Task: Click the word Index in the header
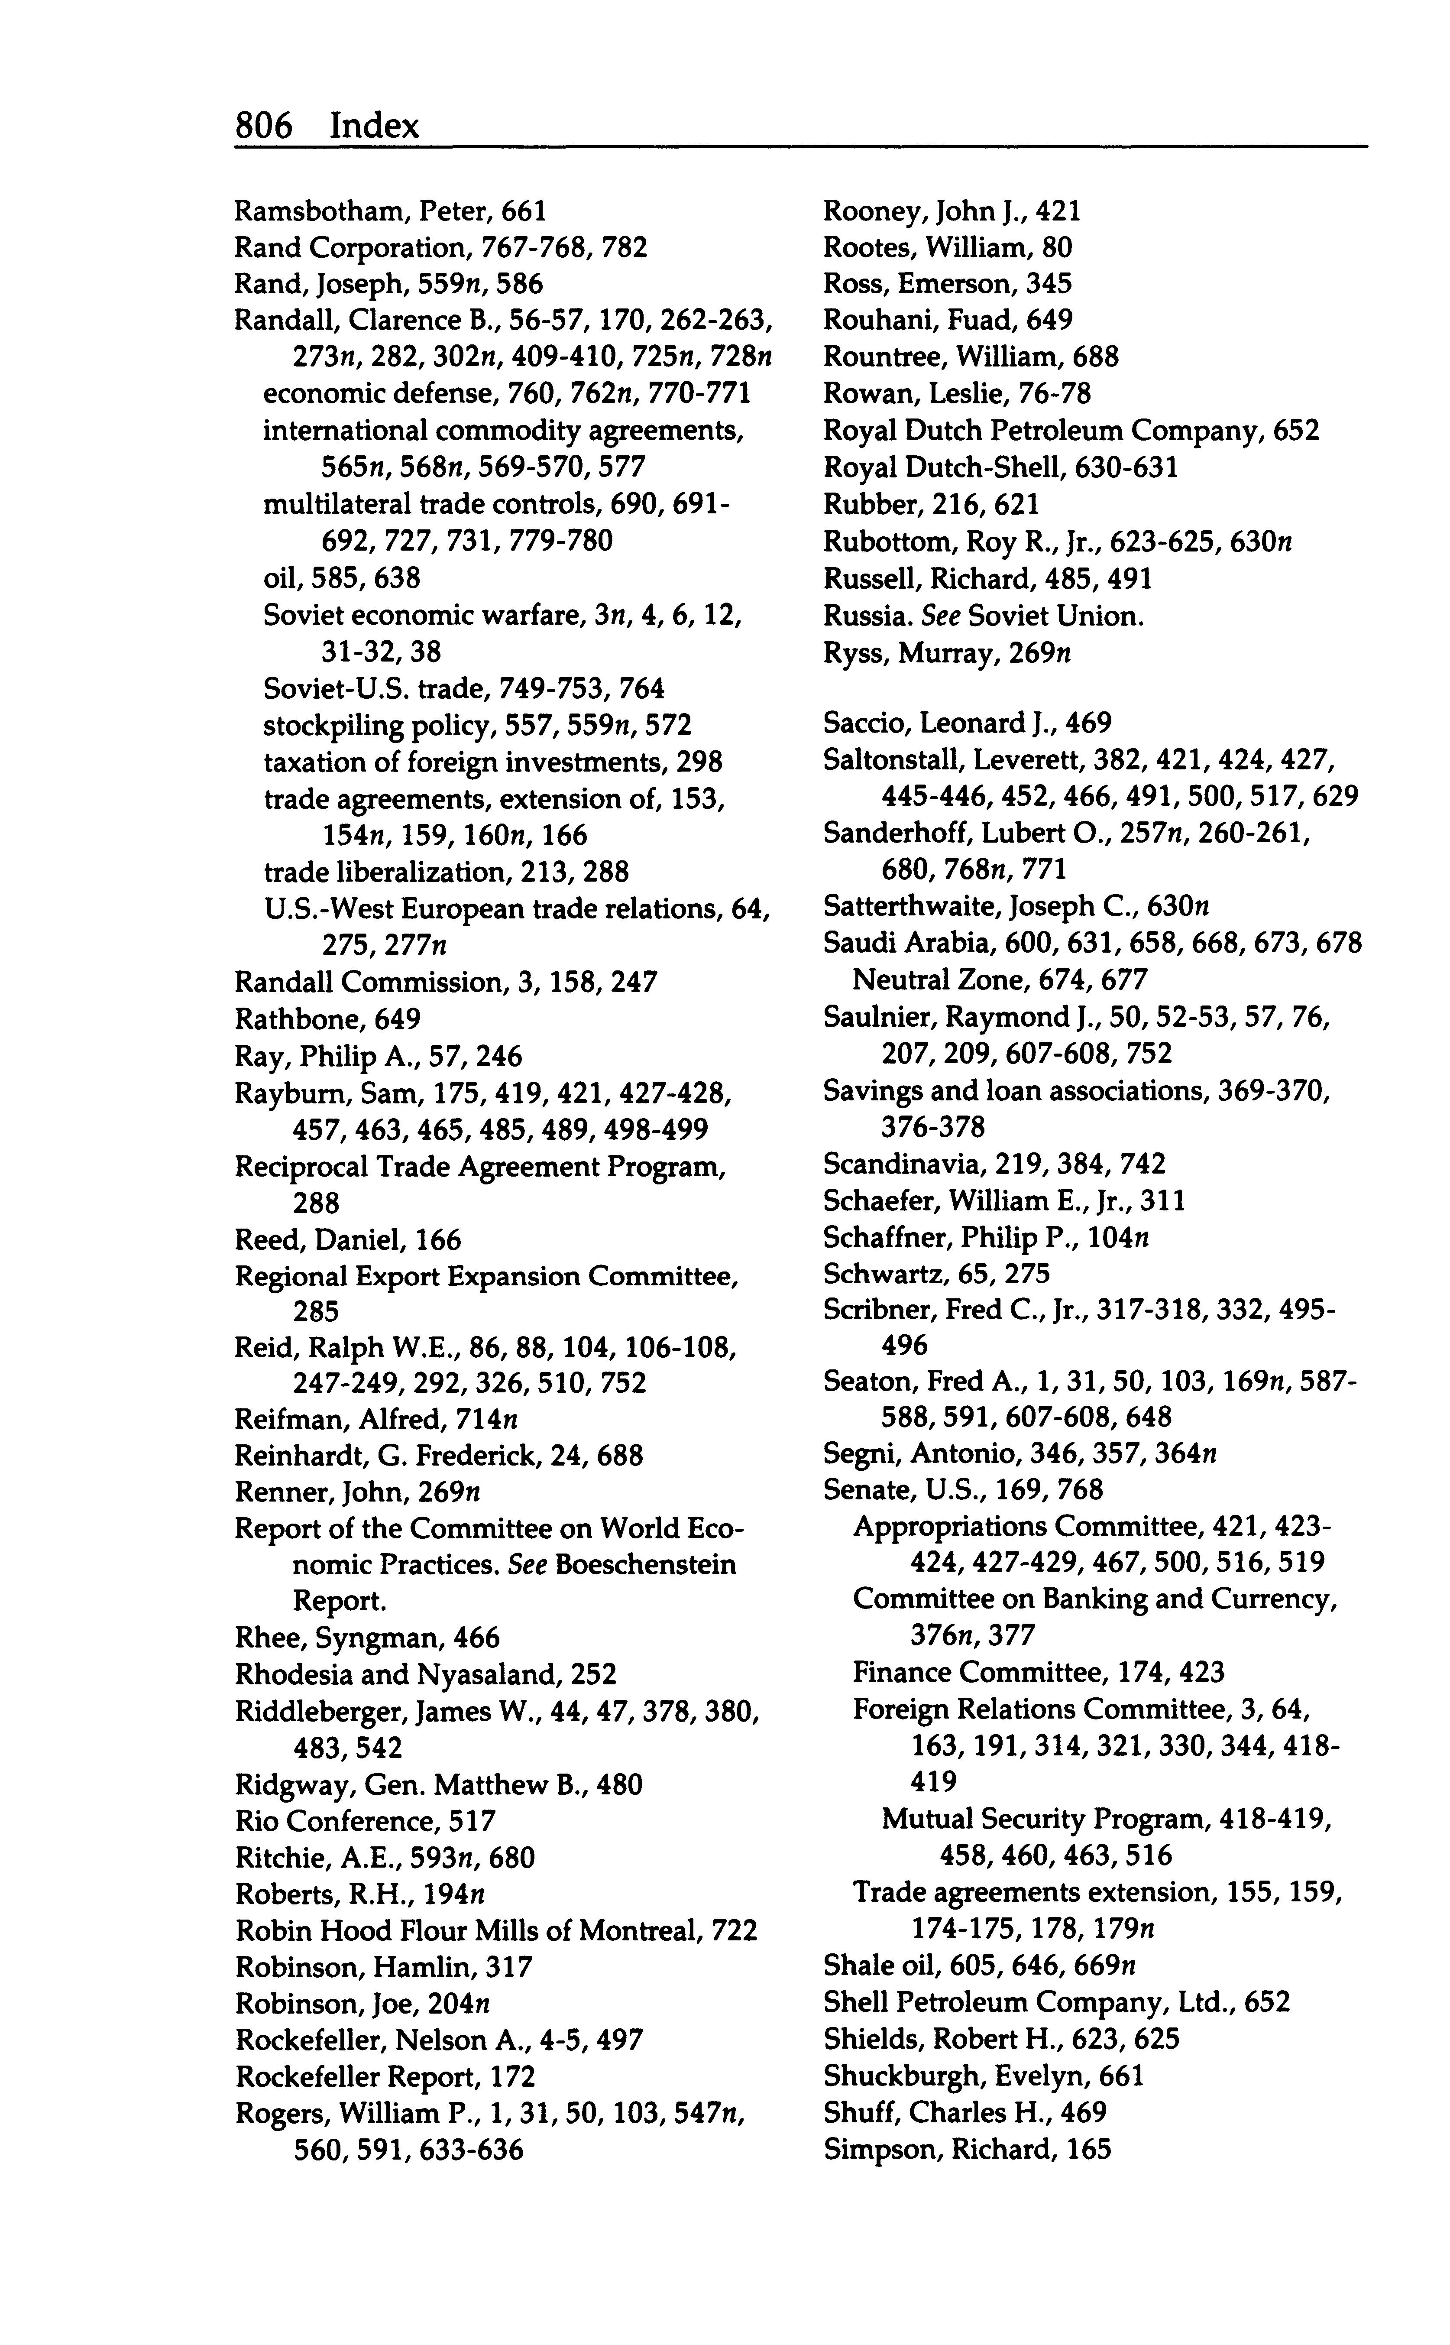(374, 126)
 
